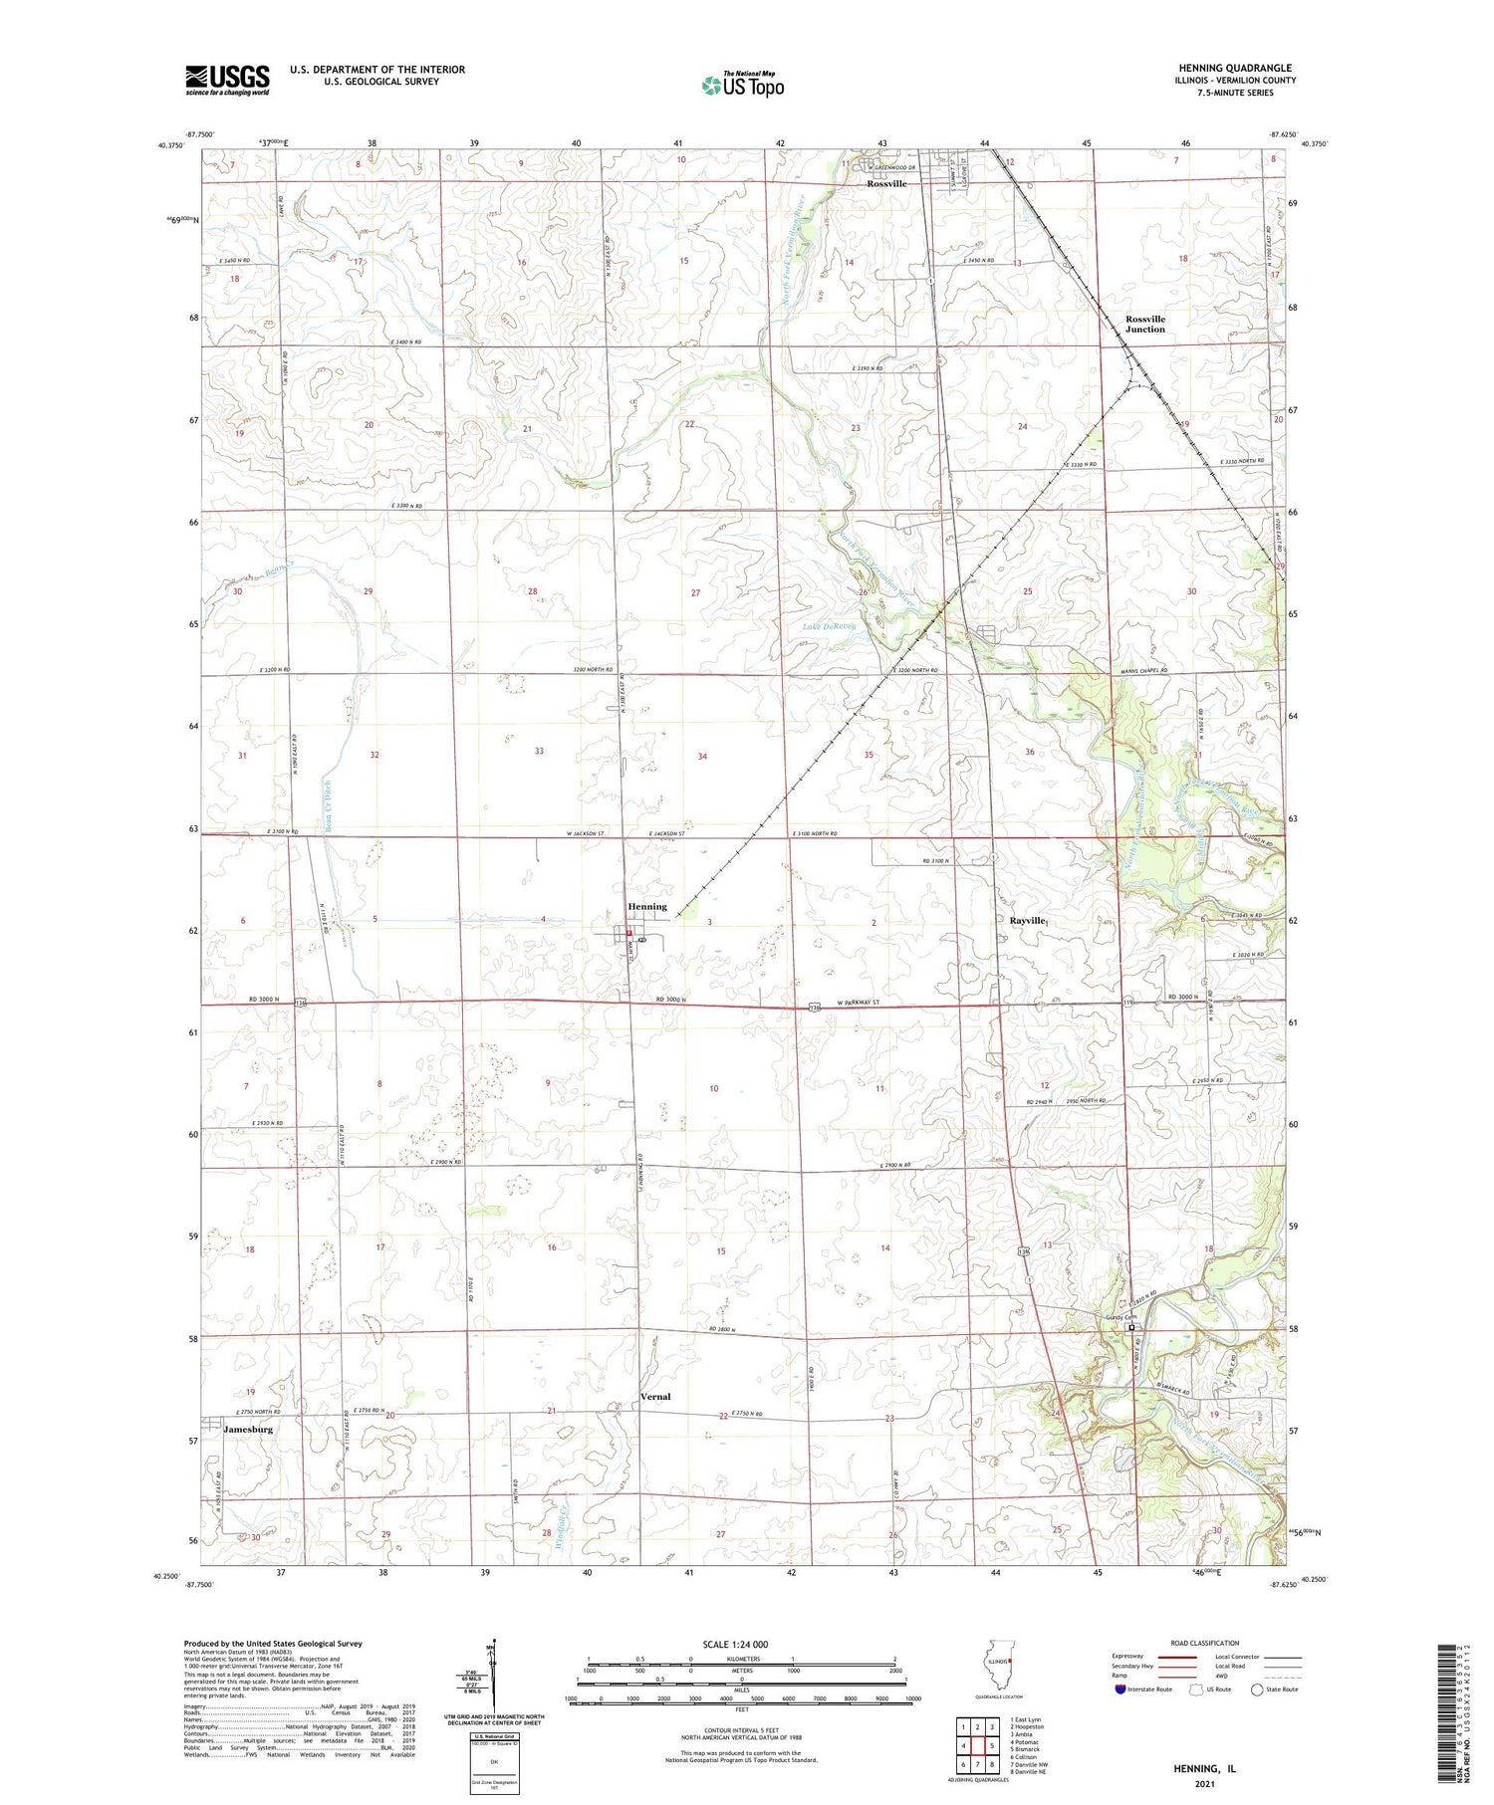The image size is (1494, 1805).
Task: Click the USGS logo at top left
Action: (x=227, y=80)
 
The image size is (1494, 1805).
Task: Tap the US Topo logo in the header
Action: (x=742, y=86)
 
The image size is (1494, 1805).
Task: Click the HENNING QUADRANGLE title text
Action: (x=1234, y=68)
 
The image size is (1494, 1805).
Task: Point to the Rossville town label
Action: (x=886, y=184)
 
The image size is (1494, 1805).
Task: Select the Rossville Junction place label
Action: (x=1145, y=324)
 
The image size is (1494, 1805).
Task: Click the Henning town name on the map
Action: (x=647, y=907)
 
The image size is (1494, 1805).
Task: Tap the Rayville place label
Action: (x=1027, y=921)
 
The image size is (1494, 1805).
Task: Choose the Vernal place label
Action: (x=655, y=1397)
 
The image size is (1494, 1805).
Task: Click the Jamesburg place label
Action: (x=248, y=1429)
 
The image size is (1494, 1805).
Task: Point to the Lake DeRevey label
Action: (x=830, y=626)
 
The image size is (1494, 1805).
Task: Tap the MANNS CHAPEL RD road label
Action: (x=1138, y=672)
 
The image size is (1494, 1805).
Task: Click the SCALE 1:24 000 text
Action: (x=735, y=1644)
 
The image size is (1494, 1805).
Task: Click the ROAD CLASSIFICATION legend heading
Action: (x=1204, y=1643)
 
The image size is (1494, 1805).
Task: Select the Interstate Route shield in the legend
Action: (x=1120, y=1690)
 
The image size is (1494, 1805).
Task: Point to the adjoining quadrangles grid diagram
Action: (x=978, y=1745)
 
